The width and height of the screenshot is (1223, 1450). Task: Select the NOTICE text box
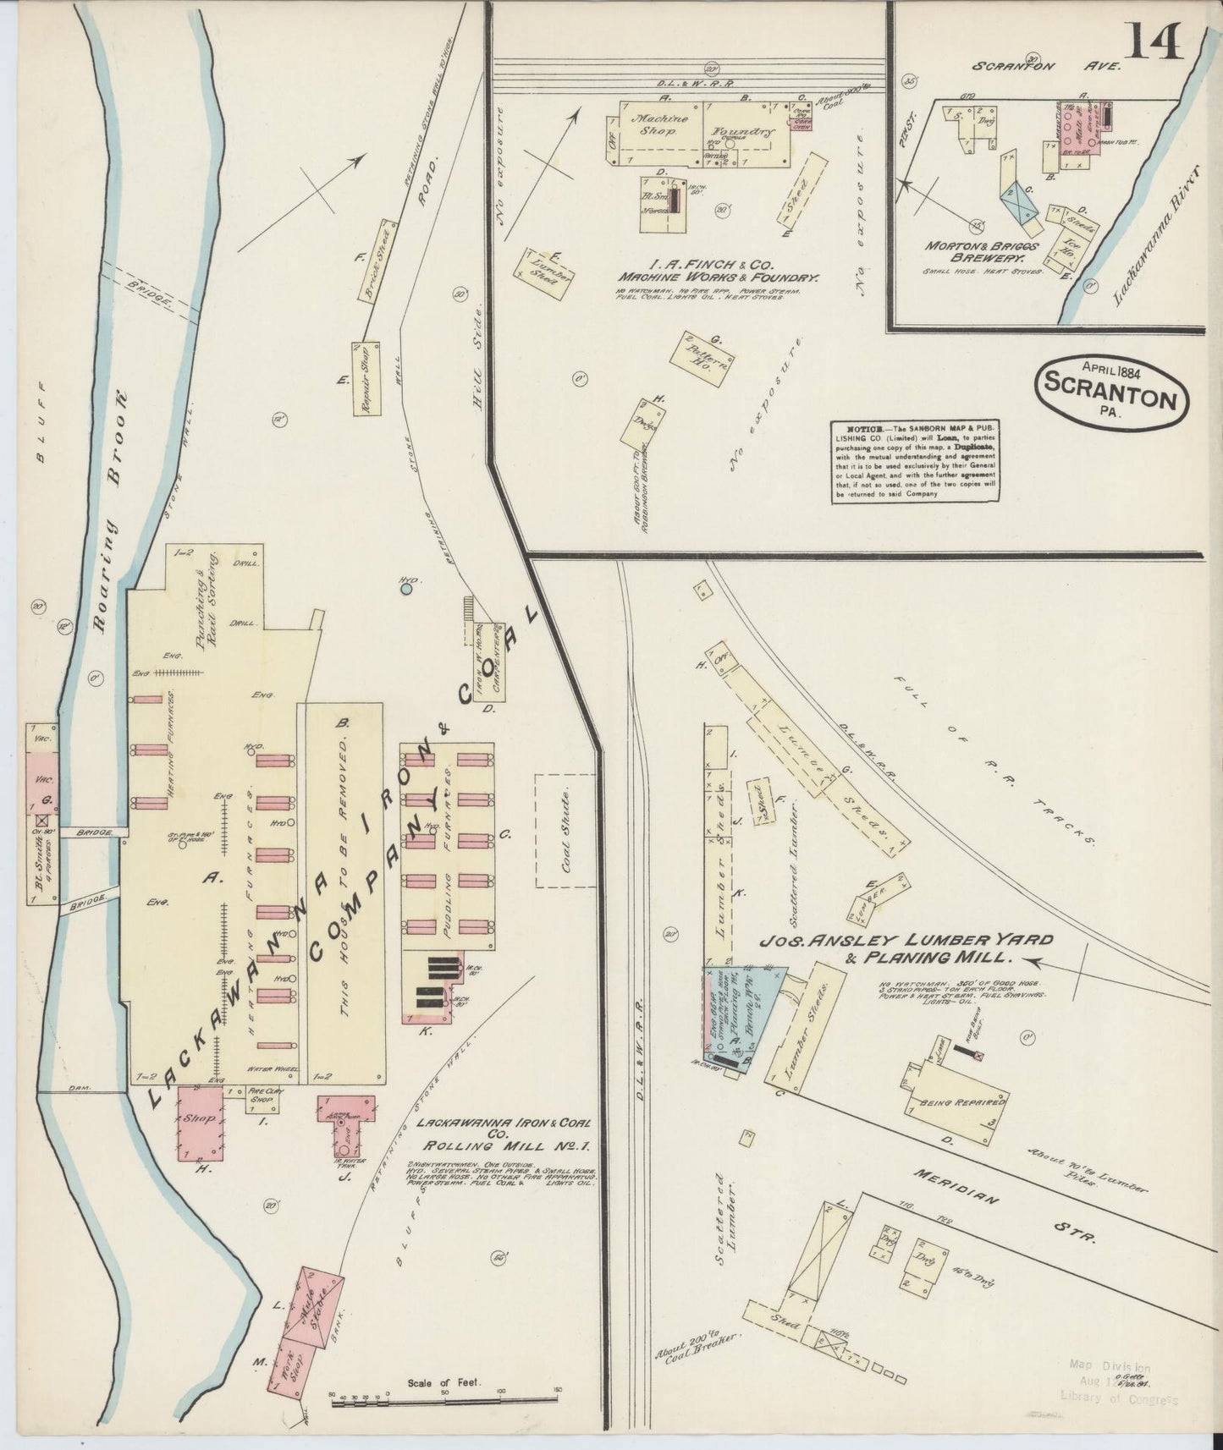tap(914, 462)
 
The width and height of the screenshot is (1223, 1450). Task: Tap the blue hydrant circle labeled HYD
tap(406, 588)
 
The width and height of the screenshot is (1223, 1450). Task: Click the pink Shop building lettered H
tap(201, 1123)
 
